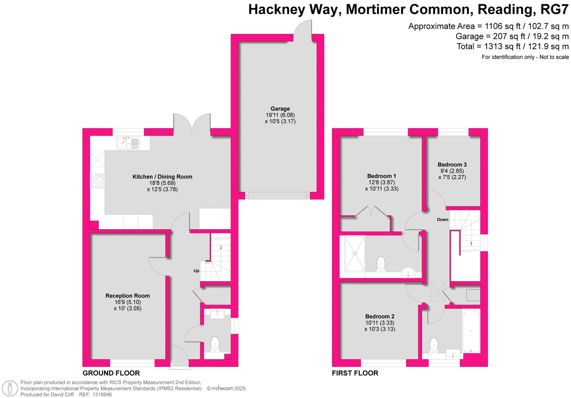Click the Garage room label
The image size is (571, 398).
280,109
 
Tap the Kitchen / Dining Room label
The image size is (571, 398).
162,177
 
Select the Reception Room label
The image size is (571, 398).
127,296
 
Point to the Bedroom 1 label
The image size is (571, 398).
381,176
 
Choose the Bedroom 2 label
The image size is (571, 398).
380,316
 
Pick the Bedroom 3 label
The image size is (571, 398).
452,165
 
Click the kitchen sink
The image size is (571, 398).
128,143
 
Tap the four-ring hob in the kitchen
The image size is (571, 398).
97,181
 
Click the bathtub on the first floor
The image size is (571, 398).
471,331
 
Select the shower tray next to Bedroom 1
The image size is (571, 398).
355,254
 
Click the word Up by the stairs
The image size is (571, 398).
196,271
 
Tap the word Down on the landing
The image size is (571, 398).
442,220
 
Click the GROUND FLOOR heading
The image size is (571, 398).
111,373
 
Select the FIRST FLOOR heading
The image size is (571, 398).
355,373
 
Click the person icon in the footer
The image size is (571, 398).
10,389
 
